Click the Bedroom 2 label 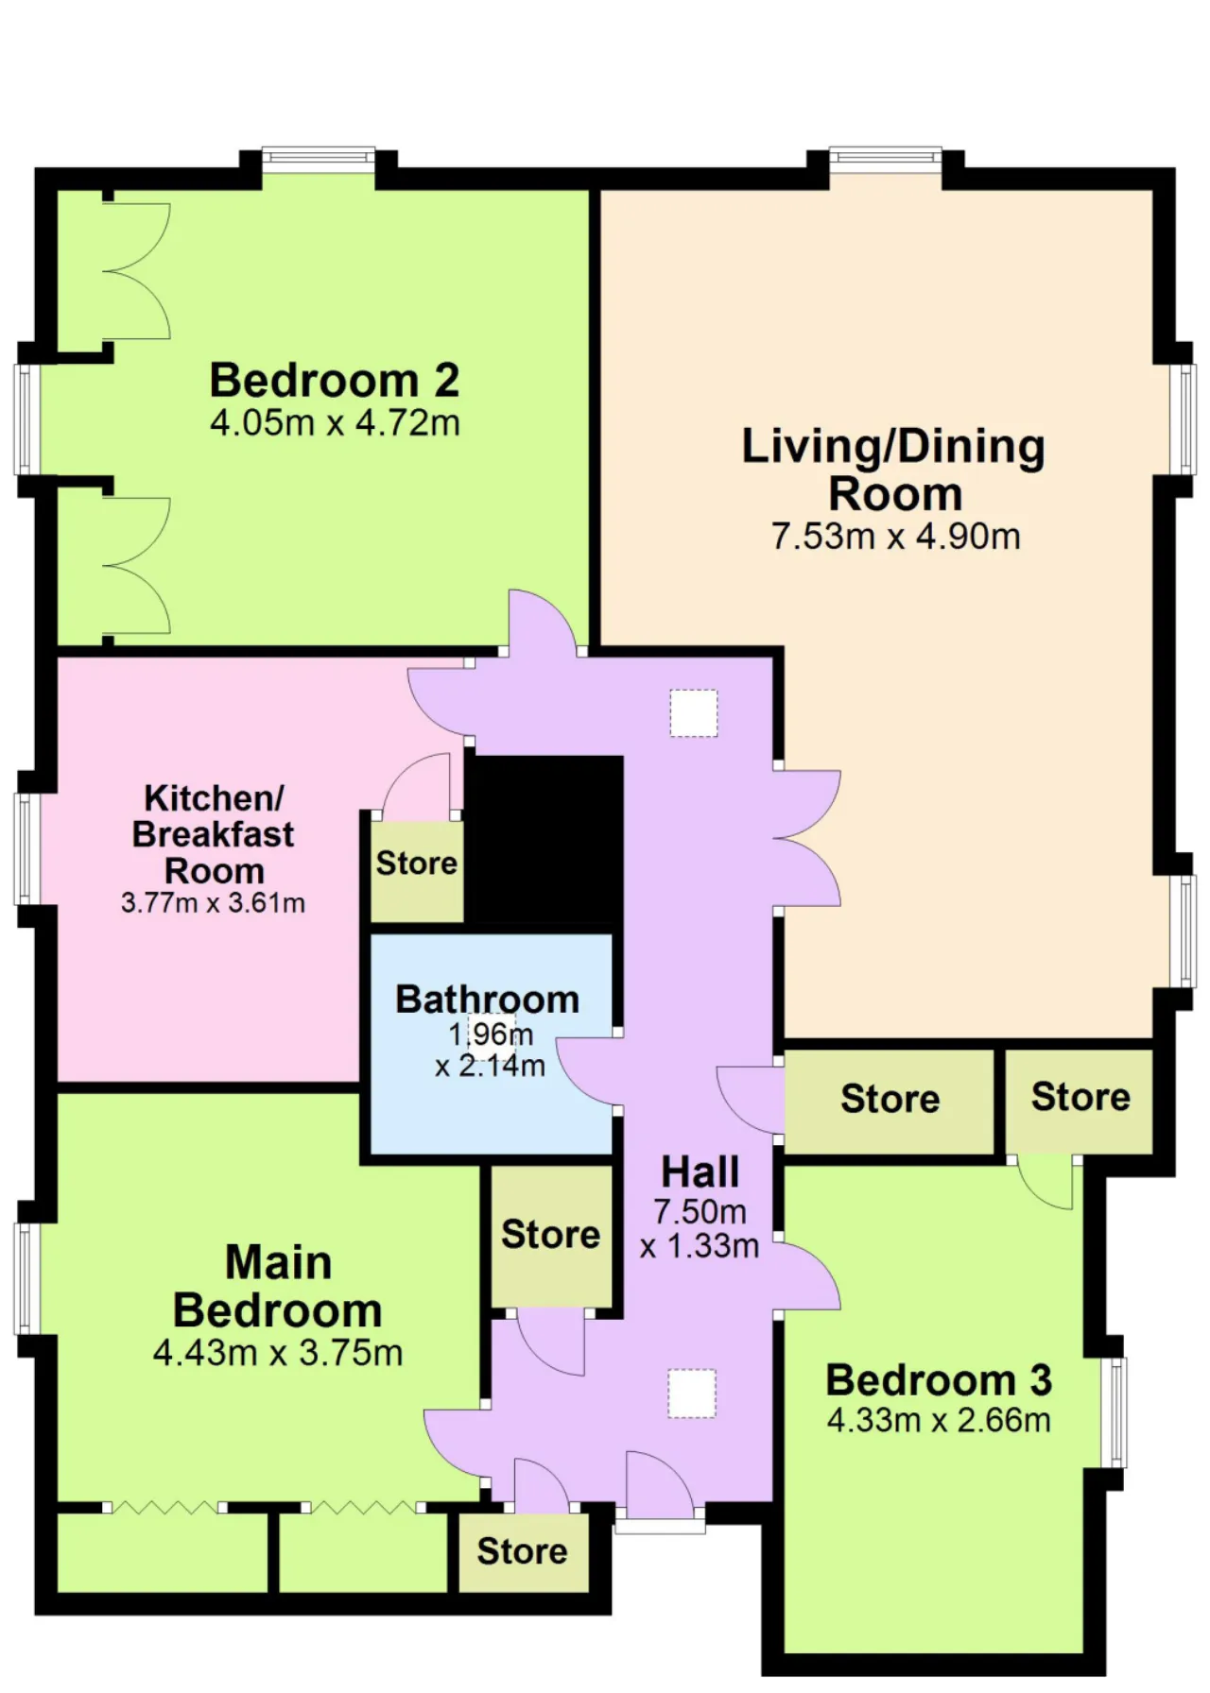click(x=335, y=380)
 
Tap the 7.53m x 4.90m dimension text click(x=895, y=537)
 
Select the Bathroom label click(x=488, y=1000)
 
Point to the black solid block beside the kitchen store click(x=545, y=840)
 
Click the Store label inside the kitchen click(x=417, y=863)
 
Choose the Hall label click(x=700, y=1172)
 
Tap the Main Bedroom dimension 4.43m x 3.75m click(x=278, y=1353)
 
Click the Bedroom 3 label click(x=939, y=1380)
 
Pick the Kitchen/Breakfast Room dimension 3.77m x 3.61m click(x=213, y=903)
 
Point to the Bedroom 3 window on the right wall click(x=1115, y=1412)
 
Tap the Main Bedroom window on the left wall click(x=26, y=1278)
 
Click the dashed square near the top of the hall click(x=694, y=713)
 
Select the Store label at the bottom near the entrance click(x=522, y=1551)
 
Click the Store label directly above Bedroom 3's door click(x=1080, y=1097)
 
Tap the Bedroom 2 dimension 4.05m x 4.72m click(x=335, y=422)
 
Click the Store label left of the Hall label click(x=550, y=1235)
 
